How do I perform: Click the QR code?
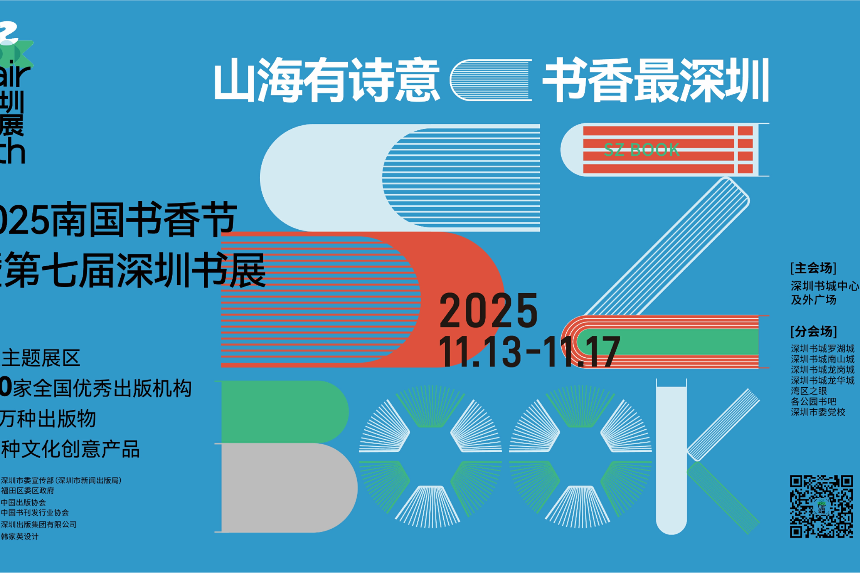click(821, 506)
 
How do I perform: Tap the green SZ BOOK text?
click(641, 150)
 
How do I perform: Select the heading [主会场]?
click(813, 268)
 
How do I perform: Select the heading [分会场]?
click(813, 332)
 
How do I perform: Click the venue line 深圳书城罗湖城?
click(822, 348)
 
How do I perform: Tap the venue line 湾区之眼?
click(809, 391)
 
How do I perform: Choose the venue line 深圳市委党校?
click(818, 412)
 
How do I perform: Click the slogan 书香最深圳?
click(656, 80)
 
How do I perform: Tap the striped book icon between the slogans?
click(491, 80)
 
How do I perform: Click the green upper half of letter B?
click(284, 412)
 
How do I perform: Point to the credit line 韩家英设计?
click(20, 537)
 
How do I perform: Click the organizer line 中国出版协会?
click(23, 503)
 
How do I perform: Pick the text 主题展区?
click(41, 358)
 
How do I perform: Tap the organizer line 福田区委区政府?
click(28, 491)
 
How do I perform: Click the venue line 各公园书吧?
click(813, 401)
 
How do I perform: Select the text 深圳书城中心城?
click(824, 286)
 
